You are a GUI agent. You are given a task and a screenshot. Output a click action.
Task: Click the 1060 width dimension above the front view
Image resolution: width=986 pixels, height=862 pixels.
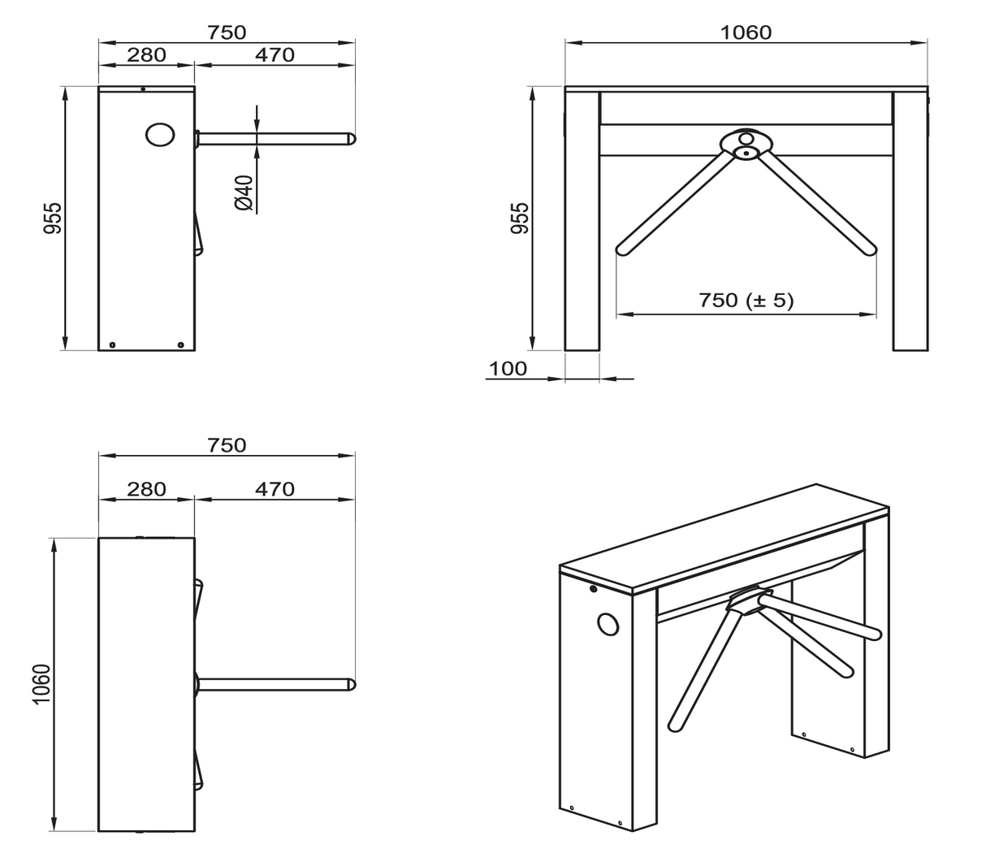[746, 32]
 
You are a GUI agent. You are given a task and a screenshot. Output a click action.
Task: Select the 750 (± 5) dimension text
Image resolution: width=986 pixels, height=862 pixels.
[746, 301]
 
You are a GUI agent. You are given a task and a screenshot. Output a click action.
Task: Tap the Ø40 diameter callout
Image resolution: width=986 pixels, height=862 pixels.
[244, 193]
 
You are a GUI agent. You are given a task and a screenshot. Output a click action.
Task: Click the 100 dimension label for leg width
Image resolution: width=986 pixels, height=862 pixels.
[508, 368]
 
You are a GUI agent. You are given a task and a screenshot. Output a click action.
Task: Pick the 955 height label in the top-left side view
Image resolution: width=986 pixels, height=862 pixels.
[52, 219]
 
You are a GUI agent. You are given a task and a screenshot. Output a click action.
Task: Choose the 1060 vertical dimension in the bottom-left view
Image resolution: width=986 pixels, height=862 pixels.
[42, 685]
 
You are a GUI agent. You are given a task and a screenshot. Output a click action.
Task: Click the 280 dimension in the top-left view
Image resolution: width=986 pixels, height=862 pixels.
[146, 55]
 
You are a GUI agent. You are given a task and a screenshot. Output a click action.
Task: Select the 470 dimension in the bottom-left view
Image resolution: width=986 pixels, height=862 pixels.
[275, 489]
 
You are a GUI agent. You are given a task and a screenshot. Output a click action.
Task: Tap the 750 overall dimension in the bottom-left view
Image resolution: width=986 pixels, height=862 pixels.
[226, 445]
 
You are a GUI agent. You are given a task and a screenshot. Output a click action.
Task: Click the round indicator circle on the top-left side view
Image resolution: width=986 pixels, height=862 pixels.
[160, 135]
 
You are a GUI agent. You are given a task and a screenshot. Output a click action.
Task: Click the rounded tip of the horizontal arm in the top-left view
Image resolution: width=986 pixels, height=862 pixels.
[351, 139]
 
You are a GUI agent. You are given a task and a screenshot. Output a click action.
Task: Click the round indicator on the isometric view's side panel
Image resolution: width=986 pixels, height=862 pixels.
[608, 624]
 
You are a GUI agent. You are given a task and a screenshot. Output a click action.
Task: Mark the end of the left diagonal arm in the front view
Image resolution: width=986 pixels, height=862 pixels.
[624, 248]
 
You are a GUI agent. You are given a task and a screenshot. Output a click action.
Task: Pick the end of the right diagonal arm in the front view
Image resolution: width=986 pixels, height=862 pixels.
[869, 248]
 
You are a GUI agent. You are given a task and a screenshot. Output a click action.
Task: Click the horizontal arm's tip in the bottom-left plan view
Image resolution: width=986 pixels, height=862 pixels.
[351, 685]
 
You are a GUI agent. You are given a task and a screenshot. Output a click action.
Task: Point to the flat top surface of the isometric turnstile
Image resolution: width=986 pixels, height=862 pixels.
[723, 536]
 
